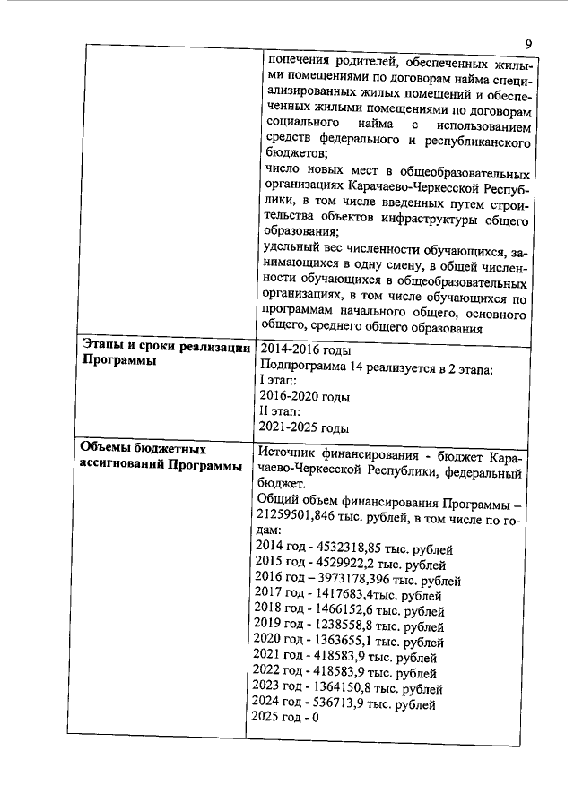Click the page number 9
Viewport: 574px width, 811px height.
tap(528, 44)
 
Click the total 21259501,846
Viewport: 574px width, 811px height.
tap(300, 515)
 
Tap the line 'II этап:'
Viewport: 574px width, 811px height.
tap(280, 411)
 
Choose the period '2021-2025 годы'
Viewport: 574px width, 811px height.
tap(304, 427)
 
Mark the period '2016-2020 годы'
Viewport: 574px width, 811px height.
tap(304, 396)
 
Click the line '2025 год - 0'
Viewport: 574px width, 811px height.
tap(285, 718)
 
